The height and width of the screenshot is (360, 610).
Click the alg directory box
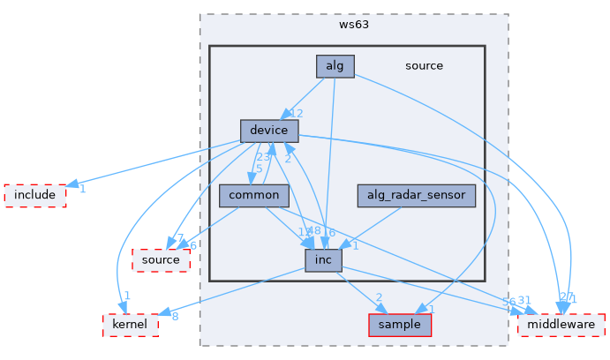(x=335, y=65)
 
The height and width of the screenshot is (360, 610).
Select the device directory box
(x=268, y=131)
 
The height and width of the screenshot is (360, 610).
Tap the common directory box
(x=253, y=195)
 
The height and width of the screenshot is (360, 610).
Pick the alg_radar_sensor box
(x=417, y=195)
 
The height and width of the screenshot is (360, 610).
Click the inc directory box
(x=323, y=259)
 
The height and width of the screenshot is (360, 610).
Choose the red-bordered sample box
(x=400, y=325)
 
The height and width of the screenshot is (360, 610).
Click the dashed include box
(x=35, y=195)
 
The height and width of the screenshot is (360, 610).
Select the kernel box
(x=131, y=325)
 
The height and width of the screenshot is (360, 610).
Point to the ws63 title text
(x=353, y=24)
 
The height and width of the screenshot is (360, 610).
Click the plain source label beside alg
(x=424, y=65)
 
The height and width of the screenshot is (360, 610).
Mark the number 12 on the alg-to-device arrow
(x=297, y=114)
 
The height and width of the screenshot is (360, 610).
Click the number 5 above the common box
(x=259, y=169)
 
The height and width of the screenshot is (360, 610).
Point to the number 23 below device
(x=263, y=157)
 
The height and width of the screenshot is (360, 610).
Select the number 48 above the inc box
(x=313, y=231)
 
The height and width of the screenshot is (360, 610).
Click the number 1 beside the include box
(x=81, y=189)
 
